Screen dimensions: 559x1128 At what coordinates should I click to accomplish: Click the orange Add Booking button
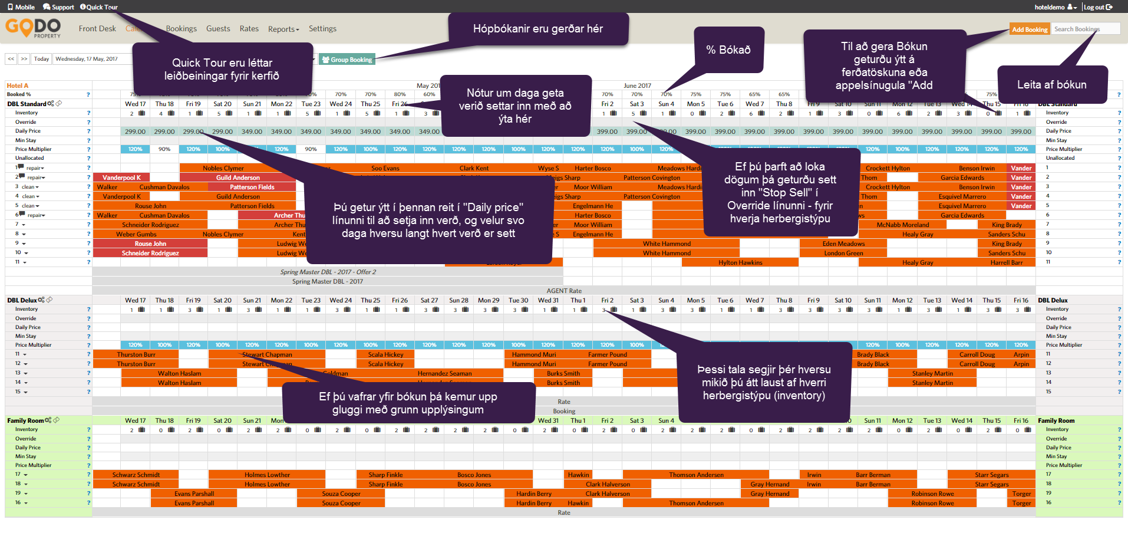pyautogui.click(x=1029, y=29)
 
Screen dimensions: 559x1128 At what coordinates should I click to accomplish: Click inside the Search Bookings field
pyautogui.click(x=1086, y=29)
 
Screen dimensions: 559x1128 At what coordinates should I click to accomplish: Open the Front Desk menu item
pyautogui.click(x=97, y=29)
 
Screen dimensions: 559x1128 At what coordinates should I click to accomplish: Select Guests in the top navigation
pyautogui.click(x=218, y=29)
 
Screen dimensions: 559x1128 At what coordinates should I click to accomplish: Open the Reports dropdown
pyautogui.click(x=283, y=29)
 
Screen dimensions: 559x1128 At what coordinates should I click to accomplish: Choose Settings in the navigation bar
pyautogui.click(x=322, y=29)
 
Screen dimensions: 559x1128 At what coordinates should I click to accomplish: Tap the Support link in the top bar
pyautogui.click(x=59, y=7)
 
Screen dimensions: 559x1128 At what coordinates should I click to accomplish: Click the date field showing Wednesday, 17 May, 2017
pyautogui.click(x=88, y=59)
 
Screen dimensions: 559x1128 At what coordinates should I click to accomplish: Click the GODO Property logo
pyautogui.click(x=33, y=28)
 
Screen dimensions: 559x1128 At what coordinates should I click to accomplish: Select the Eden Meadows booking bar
pyautogui.click(x=843, y=244)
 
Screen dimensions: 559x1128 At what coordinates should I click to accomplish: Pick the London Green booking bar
pyautogui.click(x=843, y=253)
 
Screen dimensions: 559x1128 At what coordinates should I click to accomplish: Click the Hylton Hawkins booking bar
pyautogui.click(x=740, y=262)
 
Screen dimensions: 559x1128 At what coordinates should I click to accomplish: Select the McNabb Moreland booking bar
pyautogui.click(x=902, y=225)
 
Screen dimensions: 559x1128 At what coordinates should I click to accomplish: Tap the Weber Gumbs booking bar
pyautogui.click(x=136, y=234)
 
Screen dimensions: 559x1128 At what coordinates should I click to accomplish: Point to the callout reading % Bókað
pyautogui.click(x=728, y=50)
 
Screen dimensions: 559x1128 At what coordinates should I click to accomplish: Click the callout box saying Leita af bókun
pyautogui.click(x=1051, y=85)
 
